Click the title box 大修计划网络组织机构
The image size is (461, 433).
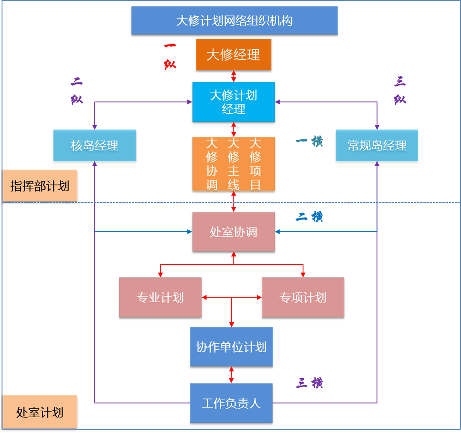tap(234, 21)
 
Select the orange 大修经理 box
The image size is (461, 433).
tap(233, 55)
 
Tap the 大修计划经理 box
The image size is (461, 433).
tap(233, 102)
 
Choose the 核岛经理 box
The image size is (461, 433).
tap(95, 146)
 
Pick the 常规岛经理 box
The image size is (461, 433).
tap(377, 146)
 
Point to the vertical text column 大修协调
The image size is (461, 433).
tap(212, 163)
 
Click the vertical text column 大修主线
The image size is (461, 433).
tap(233, 163)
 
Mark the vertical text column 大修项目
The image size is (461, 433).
tap(255, 163)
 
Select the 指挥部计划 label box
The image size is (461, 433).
tap(40, 186)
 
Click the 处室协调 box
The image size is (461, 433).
tap(233, 232)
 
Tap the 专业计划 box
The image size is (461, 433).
tap(160, 298)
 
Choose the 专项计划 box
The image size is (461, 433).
tap(303, 298)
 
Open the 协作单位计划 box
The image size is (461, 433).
tap(231, 347)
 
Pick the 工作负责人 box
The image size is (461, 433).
tap(231, 403)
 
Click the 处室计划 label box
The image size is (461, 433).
tap(40, 412)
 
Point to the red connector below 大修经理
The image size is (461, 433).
tap(233, 76)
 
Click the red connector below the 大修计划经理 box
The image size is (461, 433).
tap(233, 129)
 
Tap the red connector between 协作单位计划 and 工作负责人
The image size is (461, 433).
tap(231, 375)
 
